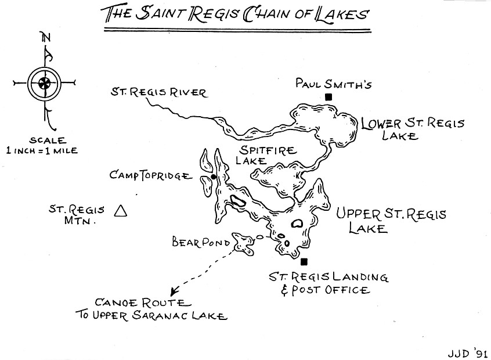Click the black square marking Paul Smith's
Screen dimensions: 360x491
[328, 97]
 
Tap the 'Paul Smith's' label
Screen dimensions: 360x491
[333, 84]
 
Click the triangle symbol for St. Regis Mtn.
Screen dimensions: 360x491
[121, 211]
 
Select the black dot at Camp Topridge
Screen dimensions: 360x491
[214, 177]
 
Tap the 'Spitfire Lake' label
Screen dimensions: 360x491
[265, 156]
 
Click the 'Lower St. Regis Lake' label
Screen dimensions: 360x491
[412, 129]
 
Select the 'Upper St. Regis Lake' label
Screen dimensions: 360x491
[391, 221]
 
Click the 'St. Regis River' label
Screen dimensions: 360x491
[158, 92]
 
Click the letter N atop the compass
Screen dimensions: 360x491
[45, 38]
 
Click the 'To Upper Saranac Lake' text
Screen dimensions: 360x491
[150, 316]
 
